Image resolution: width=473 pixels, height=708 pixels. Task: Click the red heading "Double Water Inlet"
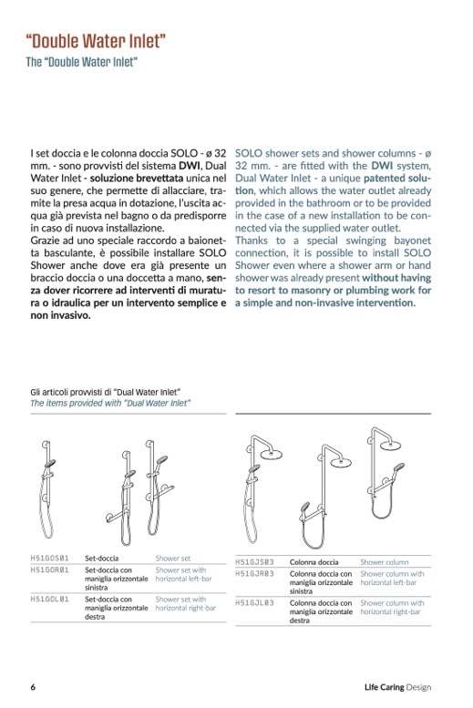point(96,41)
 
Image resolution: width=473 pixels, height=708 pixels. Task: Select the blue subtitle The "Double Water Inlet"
point(82,62)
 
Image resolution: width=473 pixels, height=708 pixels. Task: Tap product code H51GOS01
point(50,558)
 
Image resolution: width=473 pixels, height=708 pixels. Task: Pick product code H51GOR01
point(50,569)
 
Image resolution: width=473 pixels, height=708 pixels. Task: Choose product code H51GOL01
point(50,600)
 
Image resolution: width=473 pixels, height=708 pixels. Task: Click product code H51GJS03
point(255,562)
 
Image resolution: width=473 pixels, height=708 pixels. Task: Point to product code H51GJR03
point(255,574)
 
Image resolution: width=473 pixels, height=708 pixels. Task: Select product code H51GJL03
point(255,603)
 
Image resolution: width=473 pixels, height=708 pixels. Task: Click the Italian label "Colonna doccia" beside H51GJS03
point(314,562)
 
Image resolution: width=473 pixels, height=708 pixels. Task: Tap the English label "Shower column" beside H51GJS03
point(385,562)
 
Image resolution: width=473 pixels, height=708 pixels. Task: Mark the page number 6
point(33,687)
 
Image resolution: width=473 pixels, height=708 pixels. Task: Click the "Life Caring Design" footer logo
point(397,687)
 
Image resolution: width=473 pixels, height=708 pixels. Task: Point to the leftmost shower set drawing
point(46,489)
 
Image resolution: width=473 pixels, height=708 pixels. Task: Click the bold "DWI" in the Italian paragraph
point(190,166)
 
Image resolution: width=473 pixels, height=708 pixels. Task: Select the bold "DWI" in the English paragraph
point(382,166)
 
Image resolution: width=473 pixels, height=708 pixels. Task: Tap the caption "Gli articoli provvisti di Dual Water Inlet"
point(106,392)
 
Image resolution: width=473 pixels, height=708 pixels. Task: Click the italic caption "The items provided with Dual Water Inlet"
point(110,403)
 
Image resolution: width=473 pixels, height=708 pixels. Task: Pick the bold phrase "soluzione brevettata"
point(137,179)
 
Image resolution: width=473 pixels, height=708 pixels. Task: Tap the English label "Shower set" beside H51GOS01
point(173,558)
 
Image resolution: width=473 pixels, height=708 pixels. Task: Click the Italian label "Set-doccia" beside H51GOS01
point(102,558)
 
